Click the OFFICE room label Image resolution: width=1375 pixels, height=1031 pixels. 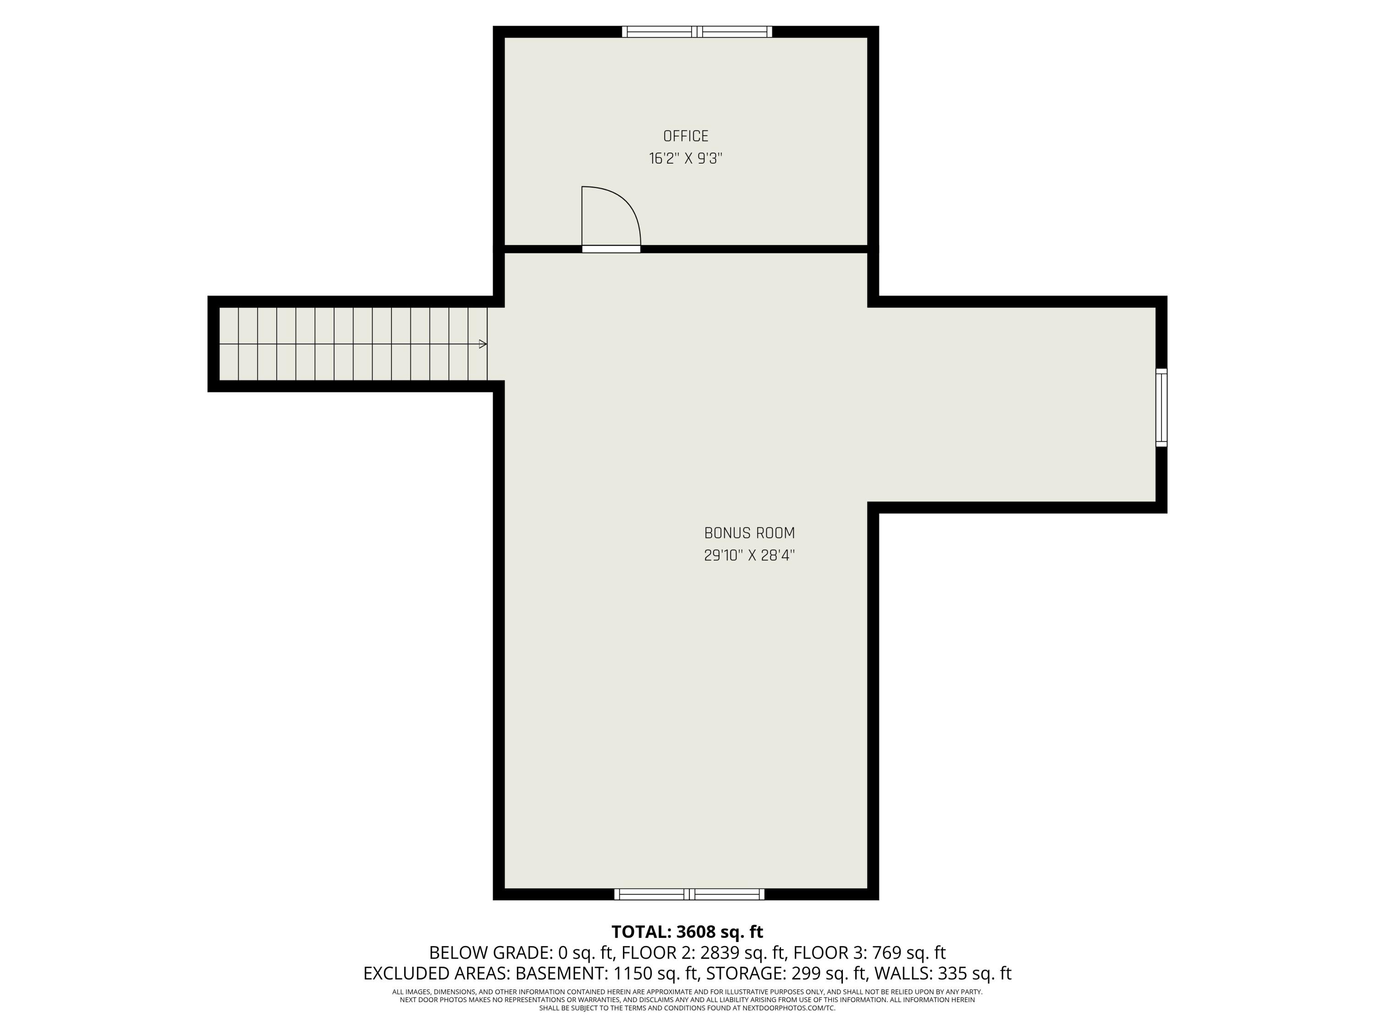coord(686,136)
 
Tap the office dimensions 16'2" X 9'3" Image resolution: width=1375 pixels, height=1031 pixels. coord(686,159)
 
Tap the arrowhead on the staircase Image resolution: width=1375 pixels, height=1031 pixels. coord(483,344)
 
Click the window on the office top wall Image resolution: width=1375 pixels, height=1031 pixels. coord(697,31)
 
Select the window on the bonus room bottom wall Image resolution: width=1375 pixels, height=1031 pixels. coord(689,894)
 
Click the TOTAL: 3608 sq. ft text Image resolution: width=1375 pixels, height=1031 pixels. coord(687,932)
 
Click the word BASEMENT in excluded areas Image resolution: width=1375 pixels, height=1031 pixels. coord(561,973)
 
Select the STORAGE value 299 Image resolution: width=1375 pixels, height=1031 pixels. coord(826,973)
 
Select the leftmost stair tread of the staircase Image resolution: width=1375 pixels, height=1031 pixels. coord(229,344)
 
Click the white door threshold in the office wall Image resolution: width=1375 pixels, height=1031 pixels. coord(611,249)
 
